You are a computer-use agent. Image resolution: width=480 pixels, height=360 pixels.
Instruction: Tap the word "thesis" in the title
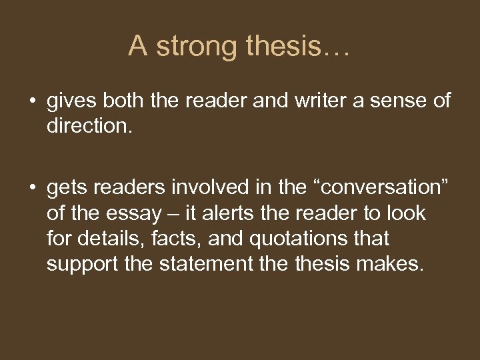283,46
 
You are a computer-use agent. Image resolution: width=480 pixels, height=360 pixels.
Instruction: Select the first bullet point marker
31,101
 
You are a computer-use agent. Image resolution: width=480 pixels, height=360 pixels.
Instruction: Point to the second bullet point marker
31,189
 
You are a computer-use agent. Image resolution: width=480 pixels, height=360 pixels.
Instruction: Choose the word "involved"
211,189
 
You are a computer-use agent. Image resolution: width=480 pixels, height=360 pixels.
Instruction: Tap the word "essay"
136,214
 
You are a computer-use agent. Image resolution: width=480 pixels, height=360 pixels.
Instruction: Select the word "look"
407,213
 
